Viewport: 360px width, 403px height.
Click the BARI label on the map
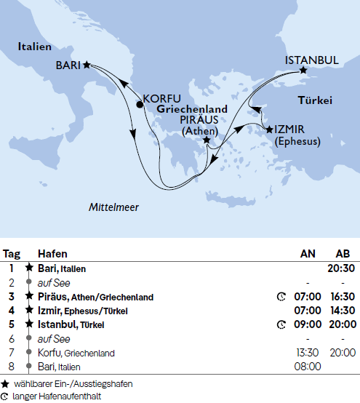[x=68, y=65]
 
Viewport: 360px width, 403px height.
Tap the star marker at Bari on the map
[x=87, y=65]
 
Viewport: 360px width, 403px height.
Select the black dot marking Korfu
[x=140, y=104]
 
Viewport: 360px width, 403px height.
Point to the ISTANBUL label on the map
[x=311, y=60]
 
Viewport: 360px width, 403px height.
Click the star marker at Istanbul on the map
[x=304, y=71]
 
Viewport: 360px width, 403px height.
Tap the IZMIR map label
[x=292, y=129]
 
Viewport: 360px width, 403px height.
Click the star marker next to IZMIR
[x=270, y=129]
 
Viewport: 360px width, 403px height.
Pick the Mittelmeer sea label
[x=113, y=207]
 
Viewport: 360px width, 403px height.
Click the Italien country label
[x=34, y=47]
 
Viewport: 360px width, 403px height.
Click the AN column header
[x=308, y=254]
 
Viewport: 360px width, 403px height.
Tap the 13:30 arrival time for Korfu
[x=308, y=353]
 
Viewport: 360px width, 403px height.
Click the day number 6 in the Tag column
[x=12, y=339]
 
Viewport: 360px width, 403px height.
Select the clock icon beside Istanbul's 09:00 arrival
[x=281, y=324]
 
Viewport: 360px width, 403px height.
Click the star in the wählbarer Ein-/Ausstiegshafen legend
[x=6, y=383]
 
